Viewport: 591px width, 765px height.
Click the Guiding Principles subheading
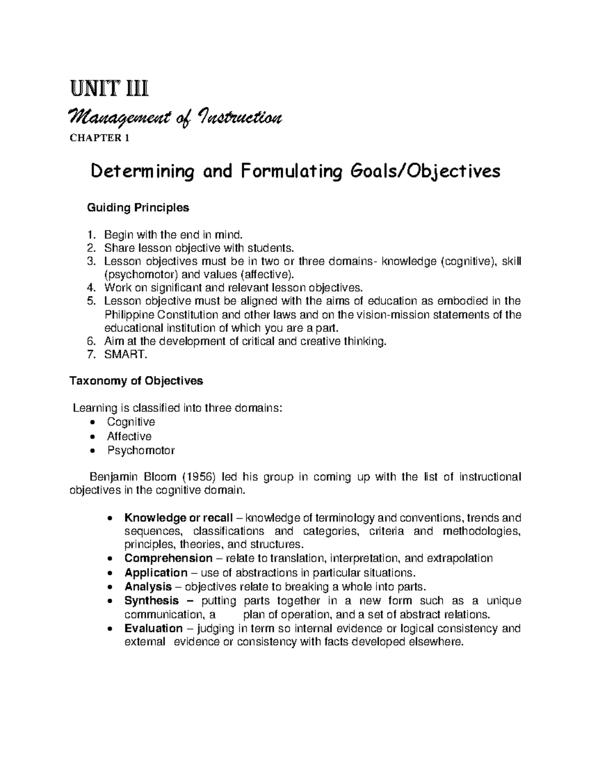click(138, 208)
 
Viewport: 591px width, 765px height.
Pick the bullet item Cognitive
click(131, 422)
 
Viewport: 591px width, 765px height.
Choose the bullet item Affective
click(130, 436)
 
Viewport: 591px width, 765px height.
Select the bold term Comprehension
click(168, 559)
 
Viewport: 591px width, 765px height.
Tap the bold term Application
click(156, 573)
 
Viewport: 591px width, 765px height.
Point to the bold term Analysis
click(148, 587)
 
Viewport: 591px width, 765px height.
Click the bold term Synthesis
click(152, 600)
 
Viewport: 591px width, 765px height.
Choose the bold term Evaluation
click(153, 629)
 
